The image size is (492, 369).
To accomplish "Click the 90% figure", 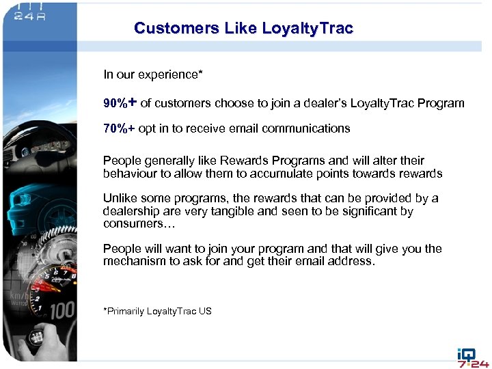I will (115, 104).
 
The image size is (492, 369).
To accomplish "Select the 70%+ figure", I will (119, 128).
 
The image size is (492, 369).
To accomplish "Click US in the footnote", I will (205, 312).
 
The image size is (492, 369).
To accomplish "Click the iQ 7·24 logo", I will (471, 357).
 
